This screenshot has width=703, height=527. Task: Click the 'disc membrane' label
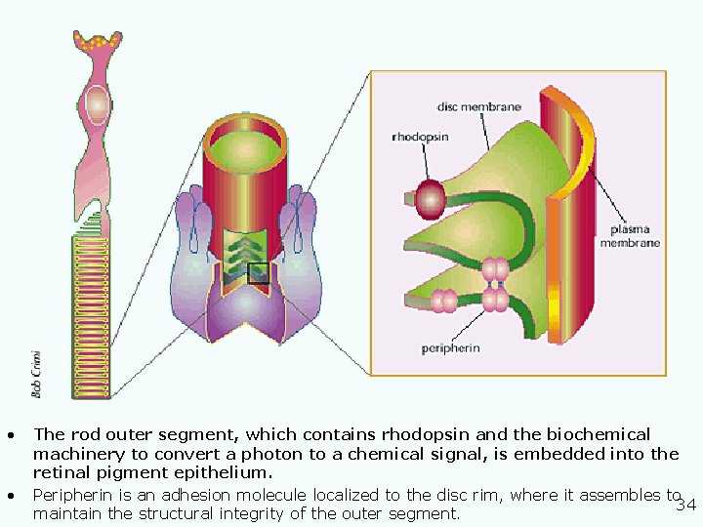(x=478, y=106)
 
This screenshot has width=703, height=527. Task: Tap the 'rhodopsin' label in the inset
(x=420, y=138)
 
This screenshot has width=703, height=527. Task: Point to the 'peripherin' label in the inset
(x=450, y=348)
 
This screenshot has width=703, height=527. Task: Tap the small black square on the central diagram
(x=259, y=274)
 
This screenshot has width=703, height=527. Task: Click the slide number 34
(x=686, y=505)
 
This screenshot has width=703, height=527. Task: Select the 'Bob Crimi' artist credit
(x=36, y=374)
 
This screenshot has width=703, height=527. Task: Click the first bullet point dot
(x=9, y=434)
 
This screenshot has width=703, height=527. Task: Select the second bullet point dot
(x=9, y=495)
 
